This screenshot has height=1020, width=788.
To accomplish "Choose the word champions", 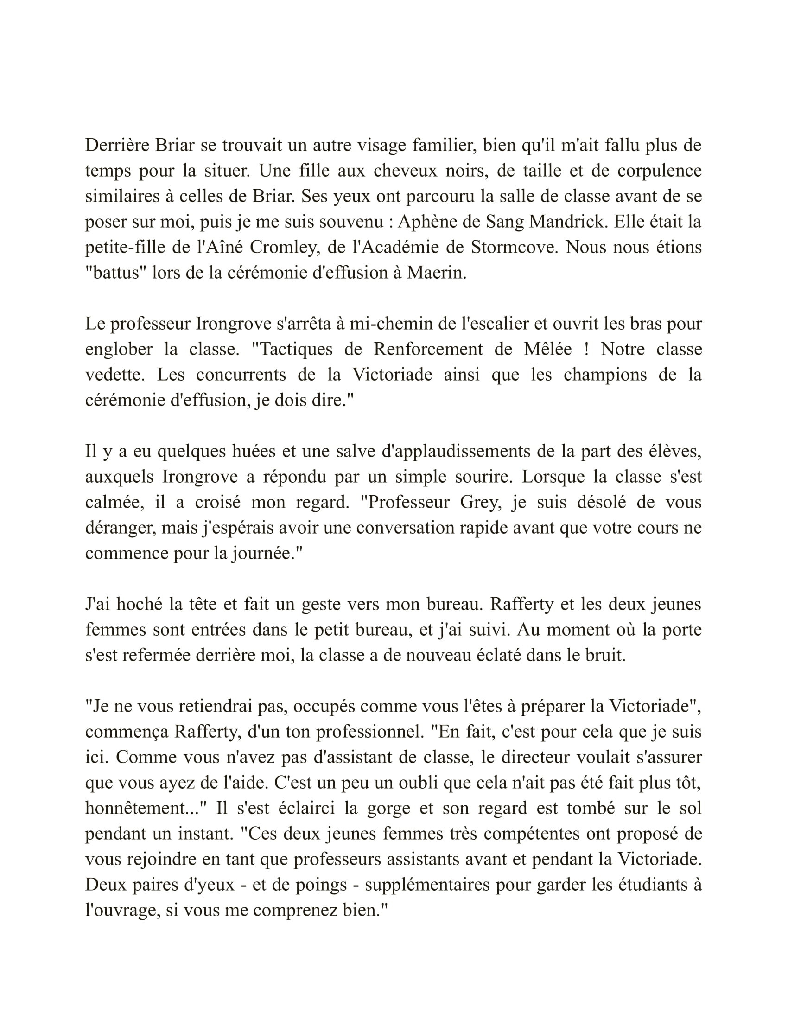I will (x=605, y=375).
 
